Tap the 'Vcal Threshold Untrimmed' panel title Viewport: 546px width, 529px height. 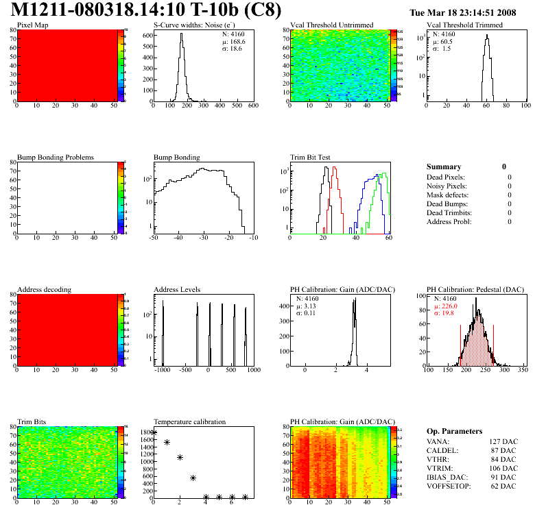coord(332,25)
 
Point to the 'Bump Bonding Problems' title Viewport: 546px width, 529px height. coord(56,158)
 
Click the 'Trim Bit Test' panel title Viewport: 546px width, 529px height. coord(311,158)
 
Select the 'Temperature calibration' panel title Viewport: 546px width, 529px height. coord(189,422)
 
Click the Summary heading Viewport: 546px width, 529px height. coord(444,167)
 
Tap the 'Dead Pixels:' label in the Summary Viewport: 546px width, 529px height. coord(447,177)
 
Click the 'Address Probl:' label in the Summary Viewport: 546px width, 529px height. coord(449,221)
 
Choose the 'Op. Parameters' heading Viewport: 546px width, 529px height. coord(454,431)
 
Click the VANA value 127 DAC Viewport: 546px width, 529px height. coord(501,441)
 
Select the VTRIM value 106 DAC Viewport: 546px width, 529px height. coord(501,468)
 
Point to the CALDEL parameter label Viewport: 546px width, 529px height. coord(442,450)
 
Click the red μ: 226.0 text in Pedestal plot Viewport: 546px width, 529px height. coord(447,306)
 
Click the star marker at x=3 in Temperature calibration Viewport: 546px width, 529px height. coord(193,478)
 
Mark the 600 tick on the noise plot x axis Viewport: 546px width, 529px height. coord(252,106)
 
